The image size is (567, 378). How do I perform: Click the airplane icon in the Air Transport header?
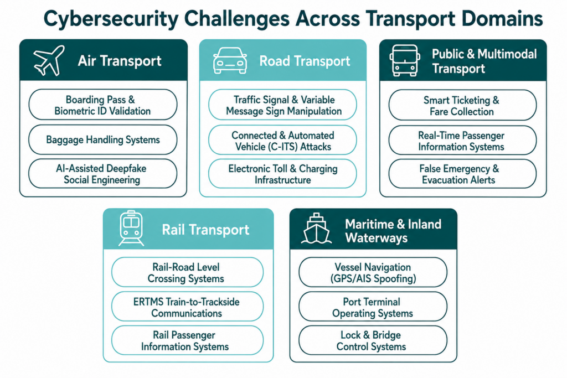(49, 60)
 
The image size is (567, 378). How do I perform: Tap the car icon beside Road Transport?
(230, 60)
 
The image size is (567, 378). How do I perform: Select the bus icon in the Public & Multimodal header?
(405, 60)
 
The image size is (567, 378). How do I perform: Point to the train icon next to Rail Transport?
(131, 229)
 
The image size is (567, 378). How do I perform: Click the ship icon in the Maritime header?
(316, 229)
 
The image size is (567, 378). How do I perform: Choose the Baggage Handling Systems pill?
(102, 140)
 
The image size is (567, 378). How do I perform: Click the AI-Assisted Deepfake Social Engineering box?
(102, 174)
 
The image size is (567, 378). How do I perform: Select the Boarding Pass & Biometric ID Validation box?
(102, 105)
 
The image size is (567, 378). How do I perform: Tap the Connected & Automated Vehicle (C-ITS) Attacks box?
(282, 140)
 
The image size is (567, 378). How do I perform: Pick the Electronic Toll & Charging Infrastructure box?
(282, 174)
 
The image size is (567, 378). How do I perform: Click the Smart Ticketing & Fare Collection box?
(462, 105)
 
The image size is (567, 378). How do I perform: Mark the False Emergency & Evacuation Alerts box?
(462, 174)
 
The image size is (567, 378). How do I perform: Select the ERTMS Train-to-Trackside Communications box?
(187, 307)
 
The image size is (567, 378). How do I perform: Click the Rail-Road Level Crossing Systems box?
(187, 272)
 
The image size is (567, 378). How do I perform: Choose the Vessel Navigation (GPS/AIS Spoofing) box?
(373, 272)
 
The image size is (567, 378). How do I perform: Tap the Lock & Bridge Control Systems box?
(373, 340)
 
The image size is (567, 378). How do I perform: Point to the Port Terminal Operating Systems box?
(373, 307)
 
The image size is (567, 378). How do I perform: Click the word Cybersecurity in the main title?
(111, 19)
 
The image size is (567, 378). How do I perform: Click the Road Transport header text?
(305, 61)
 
